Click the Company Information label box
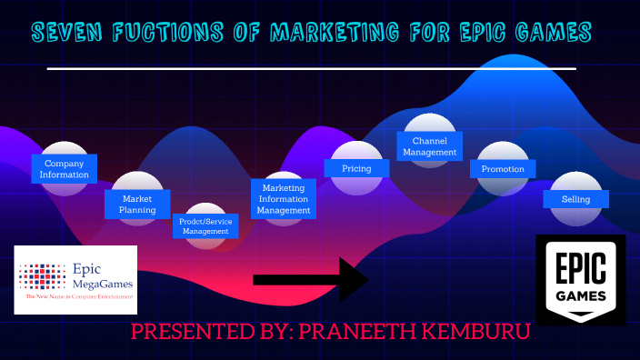click(65, 168)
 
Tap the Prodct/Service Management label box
click(205, 225)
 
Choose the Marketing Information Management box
click(284, 199)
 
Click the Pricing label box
click(356, 168)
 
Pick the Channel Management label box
click(429, 146)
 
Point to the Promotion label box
click(503, 168)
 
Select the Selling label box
click(575, 199)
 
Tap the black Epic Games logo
click(580, 278)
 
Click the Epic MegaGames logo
click(75, 279)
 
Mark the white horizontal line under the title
click(311, 68)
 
